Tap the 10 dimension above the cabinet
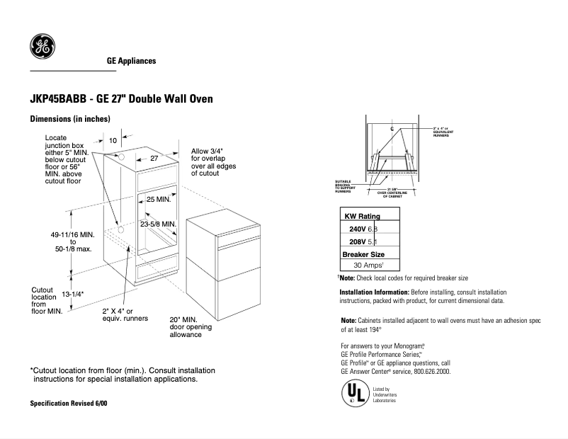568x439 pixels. point(113,141)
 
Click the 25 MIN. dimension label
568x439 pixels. point(159,200)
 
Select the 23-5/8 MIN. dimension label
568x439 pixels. point(157,224)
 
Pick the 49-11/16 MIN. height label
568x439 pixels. point(72,234)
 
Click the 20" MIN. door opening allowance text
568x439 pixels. point(189,326)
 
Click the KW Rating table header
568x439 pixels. point(362,216)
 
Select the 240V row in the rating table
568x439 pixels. point(367,229)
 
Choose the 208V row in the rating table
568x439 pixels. point(367,241)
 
